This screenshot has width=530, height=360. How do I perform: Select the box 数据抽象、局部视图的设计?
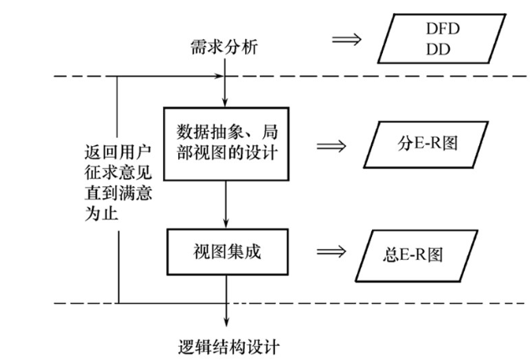tap(227, 144)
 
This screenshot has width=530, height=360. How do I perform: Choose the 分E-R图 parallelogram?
tap(426, 145)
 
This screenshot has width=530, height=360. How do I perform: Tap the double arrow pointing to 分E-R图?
tap(332, 144)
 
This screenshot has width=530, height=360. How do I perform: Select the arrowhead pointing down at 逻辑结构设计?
tap(227, 324)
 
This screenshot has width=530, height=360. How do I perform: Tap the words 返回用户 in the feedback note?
tap(104, 156)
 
